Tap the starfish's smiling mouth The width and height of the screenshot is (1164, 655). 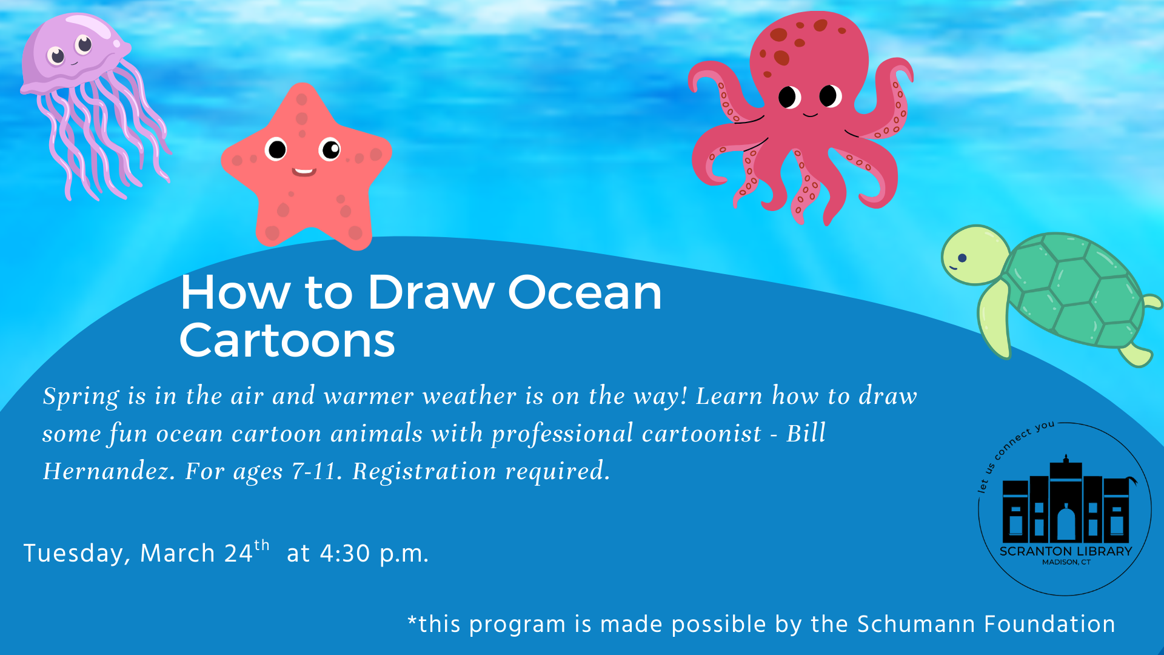(x=304, y=172)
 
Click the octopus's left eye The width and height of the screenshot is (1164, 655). (x=789, y=97)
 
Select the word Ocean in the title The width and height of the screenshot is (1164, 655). (x=584, y=292)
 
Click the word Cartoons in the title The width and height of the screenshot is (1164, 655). (x=287, y=340)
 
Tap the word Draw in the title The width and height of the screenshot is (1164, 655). (x=431, y=292)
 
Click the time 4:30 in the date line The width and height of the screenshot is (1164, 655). (x=345, y=554)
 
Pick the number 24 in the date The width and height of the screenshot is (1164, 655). (x=238, y=554)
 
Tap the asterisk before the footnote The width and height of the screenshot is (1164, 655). (x=413, y=620)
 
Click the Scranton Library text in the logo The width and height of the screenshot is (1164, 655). (x=1066, y=551)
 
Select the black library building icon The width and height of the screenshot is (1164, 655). (x=1066, y=499)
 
